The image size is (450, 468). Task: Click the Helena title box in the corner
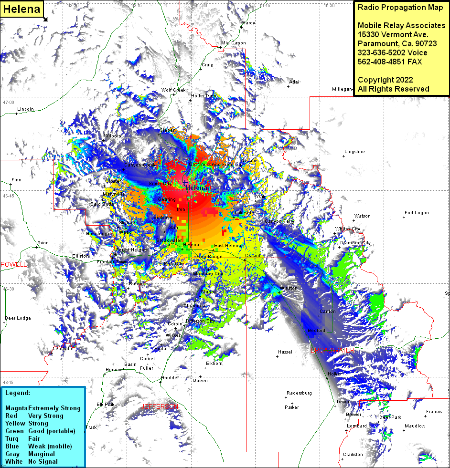(x=21, y=10)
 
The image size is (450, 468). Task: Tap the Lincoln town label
(x=25, y=109)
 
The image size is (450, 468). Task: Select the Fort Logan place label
(x=417, y=213)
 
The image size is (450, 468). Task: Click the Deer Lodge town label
(x=18, y=318)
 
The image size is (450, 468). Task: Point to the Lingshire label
(x=354, y=152)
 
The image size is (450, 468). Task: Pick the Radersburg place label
(x=299, y=393)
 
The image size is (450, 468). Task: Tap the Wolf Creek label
(x=173, y=90)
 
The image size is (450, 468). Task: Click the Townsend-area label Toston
(x=343, y=402)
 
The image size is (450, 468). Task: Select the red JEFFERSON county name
(x=160, y=406)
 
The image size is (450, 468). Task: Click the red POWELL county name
(x=14, y=264)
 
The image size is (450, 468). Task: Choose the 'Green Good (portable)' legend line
(x=40, y=431)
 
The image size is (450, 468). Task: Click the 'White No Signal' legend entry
(x=31, y=461)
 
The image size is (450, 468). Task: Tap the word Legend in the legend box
(x=18, y=393)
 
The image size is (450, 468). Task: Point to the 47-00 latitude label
(x=8, y=103)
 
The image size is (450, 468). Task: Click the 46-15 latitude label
(x=8, y=383)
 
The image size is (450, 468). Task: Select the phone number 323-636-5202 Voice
(x=392, y=52)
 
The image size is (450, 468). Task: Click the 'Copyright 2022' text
(x=385, y=80)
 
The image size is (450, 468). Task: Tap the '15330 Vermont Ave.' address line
(x=393, y=34)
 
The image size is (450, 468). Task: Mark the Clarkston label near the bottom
(x=353, y=455)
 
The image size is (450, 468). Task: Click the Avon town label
(x=43, y=243)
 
